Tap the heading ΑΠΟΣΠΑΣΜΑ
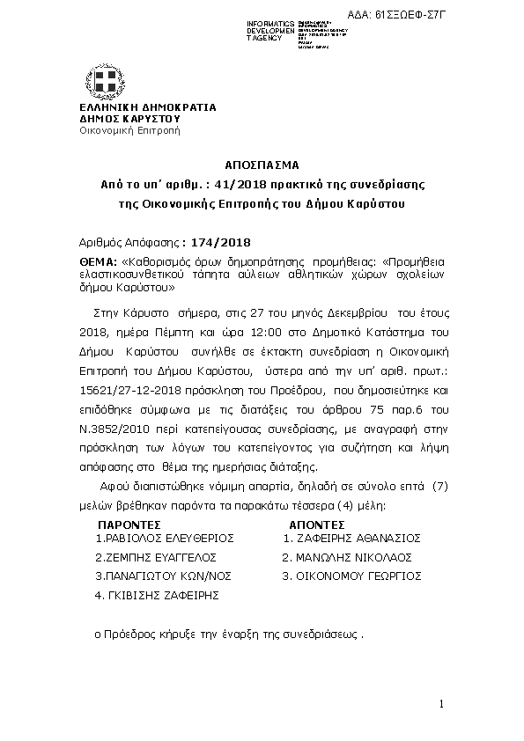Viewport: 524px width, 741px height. [x=262, y=165]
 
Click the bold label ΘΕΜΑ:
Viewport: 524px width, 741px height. [x=98, y=261]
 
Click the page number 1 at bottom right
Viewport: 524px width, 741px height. [x=441, y=705]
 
